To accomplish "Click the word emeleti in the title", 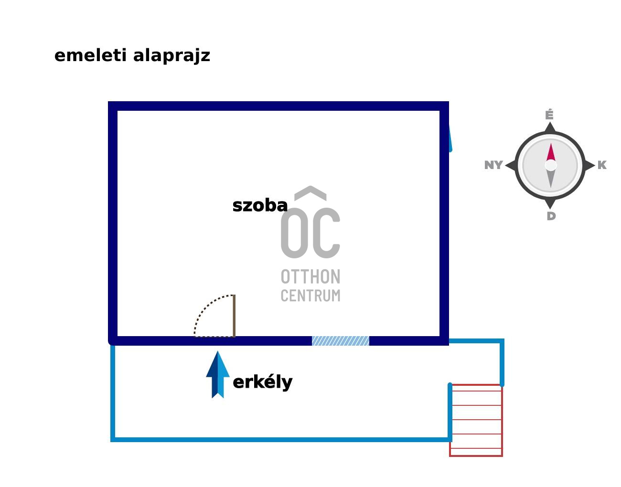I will coord(91,55).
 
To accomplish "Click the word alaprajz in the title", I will coord(171,56).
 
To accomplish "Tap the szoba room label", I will coord(260,206).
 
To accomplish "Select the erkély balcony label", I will coord(262,382).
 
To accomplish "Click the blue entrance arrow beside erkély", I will coord(218,375).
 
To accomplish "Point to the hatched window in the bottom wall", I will coord(341,341).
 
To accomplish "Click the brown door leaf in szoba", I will coord(234,316).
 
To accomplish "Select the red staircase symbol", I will coord(476,420).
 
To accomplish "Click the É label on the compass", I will coord(549,115).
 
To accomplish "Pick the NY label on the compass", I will coord(493,165).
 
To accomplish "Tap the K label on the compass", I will coord(602,165).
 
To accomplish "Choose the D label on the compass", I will coord(551,216).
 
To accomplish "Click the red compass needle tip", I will coord(551,152).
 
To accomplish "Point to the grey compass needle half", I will coord(551,179).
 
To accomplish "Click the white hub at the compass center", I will coord(551,165).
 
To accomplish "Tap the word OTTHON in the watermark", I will coord(310,277).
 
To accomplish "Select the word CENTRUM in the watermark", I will coord(310,296).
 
